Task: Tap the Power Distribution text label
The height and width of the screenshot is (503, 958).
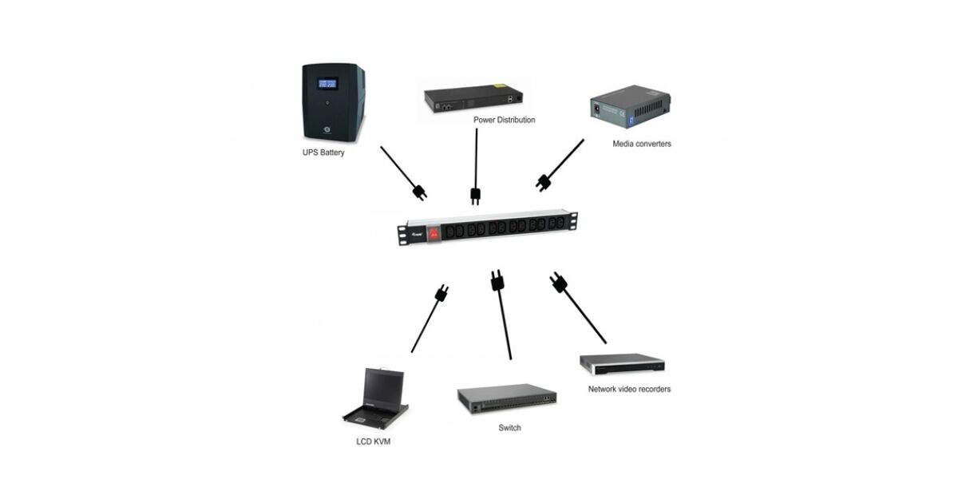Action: click(x=504, y=120)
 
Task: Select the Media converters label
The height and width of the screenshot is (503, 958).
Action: click(x=642, y=144)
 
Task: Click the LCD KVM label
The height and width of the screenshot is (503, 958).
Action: click(x=373, y=441)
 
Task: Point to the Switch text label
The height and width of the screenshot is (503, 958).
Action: click(x=509, y=428)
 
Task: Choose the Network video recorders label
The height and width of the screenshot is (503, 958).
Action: click(x=629, y=389)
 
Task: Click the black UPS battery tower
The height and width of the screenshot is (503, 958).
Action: click(x=333, y=102)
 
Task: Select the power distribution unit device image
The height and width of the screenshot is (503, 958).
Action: click(x=474, y=98)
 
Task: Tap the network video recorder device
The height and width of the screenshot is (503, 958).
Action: click(x=622, y=364)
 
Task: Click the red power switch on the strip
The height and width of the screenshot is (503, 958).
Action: click(x=434, y=233)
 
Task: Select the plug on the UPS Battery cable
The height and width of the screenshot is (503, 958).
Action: click(x=419, y=192)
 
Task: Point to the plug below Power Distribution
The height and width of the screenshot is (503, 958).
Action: click(x=474, y=196)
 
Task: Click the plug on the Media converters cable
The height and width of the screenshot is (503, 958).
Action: click(x=544, y=182)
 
